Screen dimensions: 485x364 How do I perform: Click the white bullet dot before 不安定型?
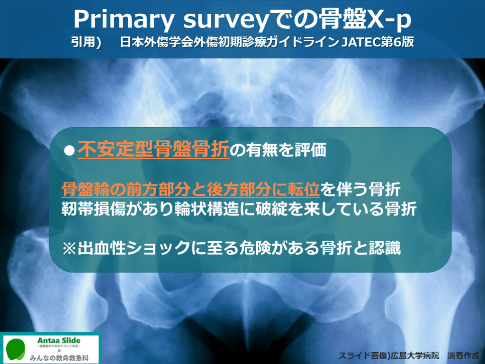tap(69, 151)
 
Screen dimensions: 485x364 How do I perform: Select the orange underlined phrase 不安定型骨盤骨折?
tap(153, 149)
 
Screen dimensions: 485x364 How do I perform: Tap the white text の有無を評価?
tap(278, 150)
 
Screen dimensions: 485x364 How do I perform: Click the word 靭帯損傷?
tap(93, 209)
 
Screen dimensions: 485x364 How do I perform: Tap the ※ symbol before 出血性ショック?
tap(69, 248)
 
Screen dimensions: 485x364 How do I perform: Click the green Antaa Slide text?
tap(59, 340)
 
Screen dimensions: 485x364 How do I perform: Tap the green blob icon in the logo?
tap(16, 349)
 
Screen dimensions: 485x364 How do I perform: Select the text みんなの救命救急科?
tap(59, 358)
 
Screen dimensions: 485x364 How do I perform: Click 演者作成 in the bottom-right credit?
tap(463, 355)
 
